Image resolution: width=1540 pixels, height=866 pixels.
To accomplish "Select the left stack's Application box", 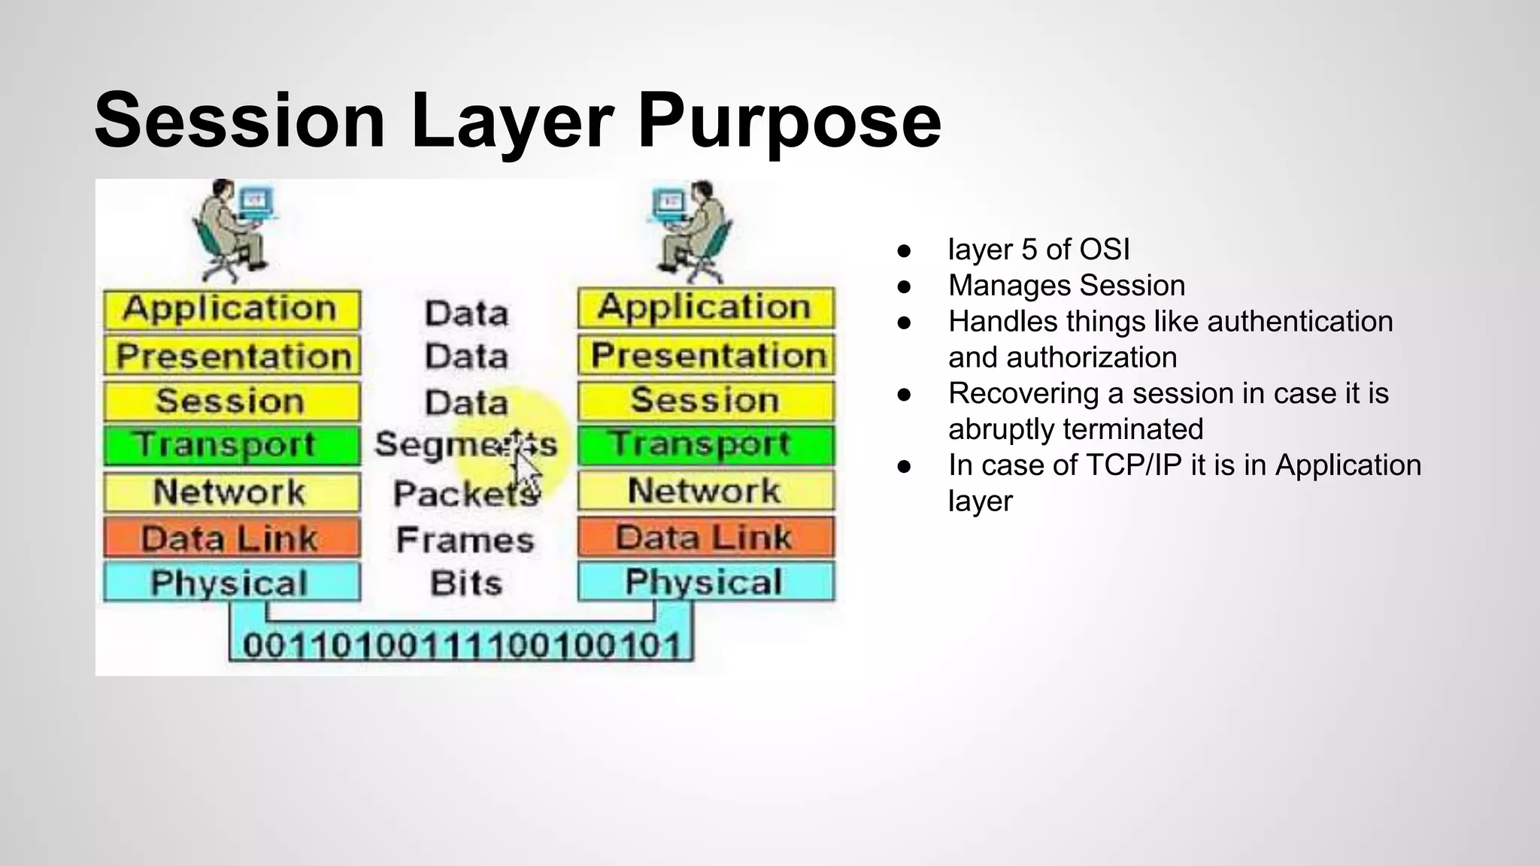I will (x=232, y=310).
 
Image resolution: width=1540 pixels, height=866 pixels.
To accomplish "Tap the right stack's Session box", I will (x=705, y=401).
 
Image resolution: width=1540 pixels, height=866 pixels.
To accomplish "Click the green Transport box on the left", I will (x=232, y=445).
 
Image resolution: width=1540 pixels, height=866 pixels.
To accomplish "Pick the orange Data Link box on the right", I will (x=705, y=537).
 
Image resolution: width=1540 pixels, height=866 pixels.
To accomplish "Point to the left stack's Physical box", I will (x=232, y=583).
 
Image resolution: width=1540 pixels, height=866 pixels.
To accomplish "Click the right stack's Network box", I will (x=705, y=491).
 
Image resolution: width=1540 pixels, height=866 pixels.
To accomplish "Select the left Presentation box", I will (x=232, y=356).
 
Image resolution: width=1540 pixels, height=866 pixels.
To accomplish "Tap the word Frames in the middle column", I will (x=465, y=540).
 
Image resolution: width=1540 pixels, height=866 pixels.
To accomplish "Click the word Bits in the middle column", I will (x=466, y=583).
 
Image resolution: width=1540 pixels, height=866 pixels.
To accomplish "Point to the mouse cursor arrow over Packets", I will (x=526, y=470).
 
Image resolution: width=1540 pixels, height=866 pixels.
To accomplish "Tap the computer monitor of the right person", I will (x=669, y=201).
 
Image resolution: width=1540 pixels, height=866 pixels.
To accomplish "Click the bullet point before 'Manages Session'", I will (x=905, y=286).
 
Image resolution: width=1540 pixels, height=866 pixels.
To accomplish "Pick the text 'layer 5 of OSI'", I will (x=1038, y=250).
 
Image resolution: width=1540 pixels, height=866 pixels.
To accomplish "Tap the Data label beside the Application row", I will (x=466, y=313).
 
